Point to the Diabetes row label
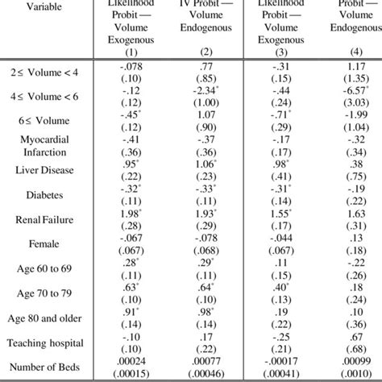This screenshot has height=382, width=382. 34,195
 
